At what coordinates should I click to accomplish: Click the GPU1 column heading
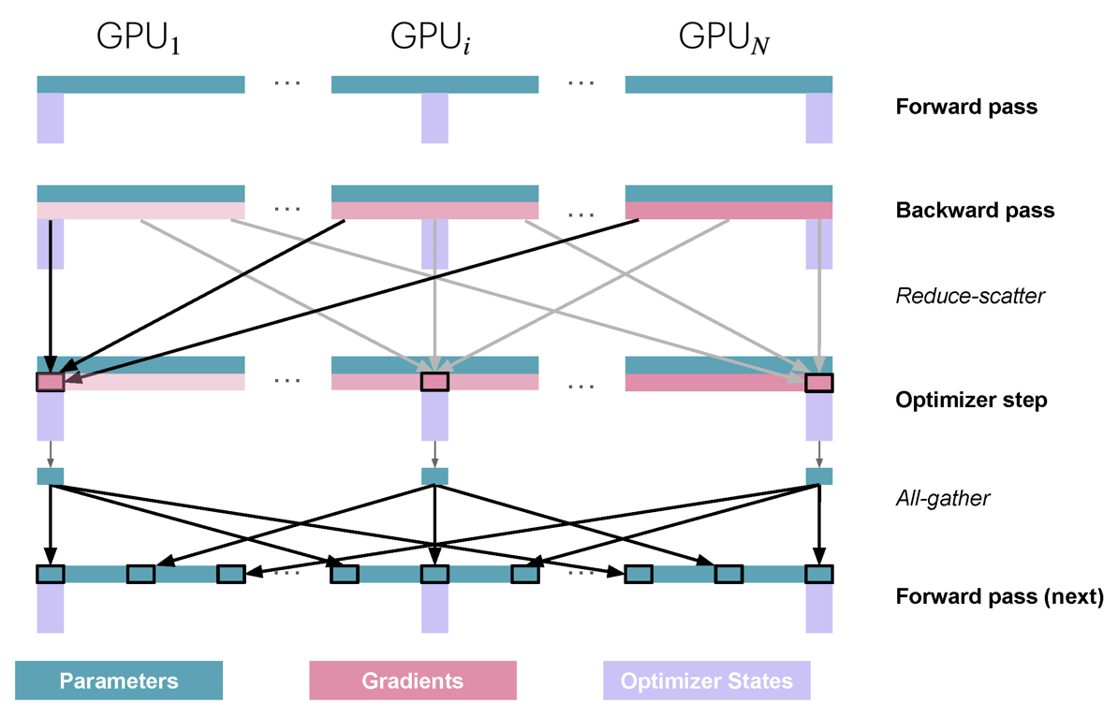(139, 37)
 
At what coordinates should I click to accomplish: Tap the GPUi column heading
(430, 37)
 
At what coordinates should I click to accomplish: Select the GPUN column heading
(724, 37)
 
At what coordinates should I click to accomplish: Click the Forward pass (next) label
(1000, 596)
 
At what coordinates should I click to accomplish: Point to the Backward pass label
(975, 211)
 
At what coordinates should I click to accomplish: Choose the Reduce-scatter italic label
(970, 296)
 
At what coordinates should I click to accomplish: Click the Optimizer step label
(971, 400)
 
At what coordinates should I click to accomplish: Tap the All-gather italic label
(943, 498)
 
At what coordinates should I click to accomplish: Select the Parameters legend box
(119, 680)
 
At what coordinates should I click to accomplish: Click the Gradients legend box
(413, 680)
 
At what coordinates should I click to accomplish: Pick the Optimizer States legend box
(707, 680)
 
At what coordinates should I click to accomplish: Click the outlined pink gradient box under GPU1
(51, 382)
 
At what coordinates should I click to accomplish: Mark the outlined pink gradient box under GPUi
(435, 382)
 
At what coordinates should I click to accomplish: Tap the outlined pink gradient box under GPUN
(819, 383)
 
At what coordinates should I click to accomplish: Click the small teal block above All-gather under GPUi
(435, 476)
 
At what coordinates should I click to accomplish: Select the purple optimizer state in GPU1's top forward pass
(51, 118)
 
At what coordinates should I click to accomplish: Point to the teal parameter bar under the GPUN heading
(728, 84)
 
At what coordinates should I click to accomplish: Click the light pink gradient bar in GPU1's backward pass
(140, 211)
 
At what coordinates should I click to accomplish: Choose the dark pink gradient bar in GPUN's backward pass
(728, 211)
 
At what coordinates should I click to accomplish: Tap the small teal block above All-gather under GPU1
(51, 476)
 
